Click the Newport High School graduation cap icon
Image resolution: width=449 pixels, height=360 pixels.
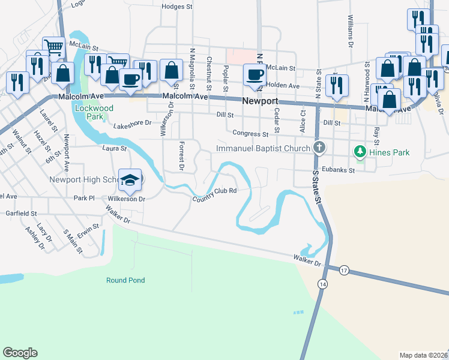tap(130, 179)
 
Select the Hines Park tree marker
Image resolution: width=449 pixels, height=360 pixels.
tap(360, 152)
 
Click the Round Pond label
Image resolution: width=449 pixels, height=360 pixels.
tap(125, 280)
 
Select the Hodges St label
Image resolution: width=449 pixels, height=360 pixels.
tap(176, 7)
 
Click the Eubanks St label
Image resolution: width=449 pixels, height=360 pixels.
tap(339, 170)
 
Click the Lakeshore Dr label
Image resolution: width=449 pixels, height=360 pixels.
tap(131, 123)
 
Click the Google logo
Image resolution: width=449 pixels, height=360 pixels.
tap(20, 353)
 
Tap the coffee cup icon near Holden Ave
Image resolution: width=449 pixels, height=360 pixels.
tap(255, 75)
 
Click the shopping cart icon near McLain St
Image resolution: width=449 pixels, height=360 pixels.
tap(53, 46)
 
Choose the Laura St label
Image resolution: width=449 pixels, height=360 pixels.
tap(115, 148)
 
